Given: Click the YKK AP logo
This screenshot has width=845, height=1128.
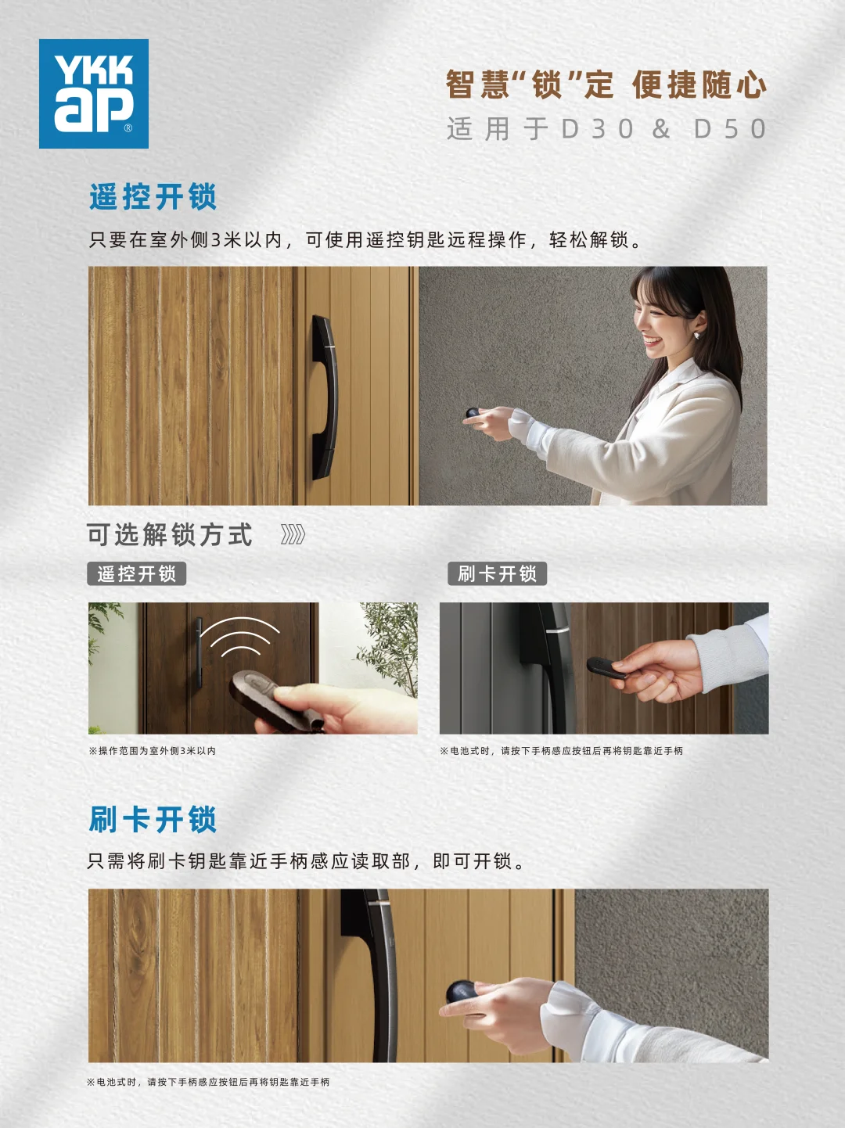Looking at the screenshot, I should pos(94,94).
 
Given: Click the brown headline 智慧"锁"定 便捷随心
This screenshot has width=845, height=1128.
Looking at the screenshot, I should pos(606,84).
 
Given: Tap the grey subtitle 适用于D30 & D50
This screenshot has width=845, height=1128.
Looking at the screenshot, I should pos(606,129).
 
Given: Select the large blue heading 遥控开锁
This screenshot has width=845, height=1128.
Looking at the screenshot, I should pos(153,197).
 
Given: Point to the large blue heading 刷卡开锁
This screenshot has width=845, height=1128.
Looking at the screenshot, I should pos(153,820).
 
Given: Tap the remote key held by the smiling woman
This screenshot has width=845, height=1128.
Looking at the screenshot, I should pos(473,413).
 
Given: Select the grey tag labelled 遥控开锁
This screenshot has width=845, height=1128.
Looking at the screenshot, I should pos(137,574).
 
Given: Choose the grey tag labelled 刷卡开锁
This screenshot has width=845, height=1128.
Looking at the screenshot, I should pos(497,574).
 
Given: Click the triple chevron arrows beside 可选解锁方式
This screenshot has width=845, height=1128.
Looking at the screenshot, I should pos(293,535).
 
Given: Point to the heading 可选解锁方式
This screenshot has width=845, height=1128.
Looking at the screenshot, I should pos(170,535).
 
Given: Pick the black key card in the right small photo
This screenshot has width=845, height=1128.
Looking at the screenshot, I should pos(606,667).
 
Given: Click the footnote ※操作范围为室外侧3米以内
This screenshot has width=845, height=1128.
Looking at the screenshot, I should pos(153,751).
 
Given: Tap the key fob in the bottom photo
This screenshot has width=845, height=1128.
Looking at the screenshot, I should pos(465,993).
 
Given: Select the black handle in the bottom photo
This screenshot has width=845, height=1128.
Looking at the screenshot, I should pos(376,970).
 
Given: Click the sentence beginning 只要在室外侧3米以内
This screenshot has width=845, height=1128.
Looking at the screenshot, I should pos(365,240).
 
